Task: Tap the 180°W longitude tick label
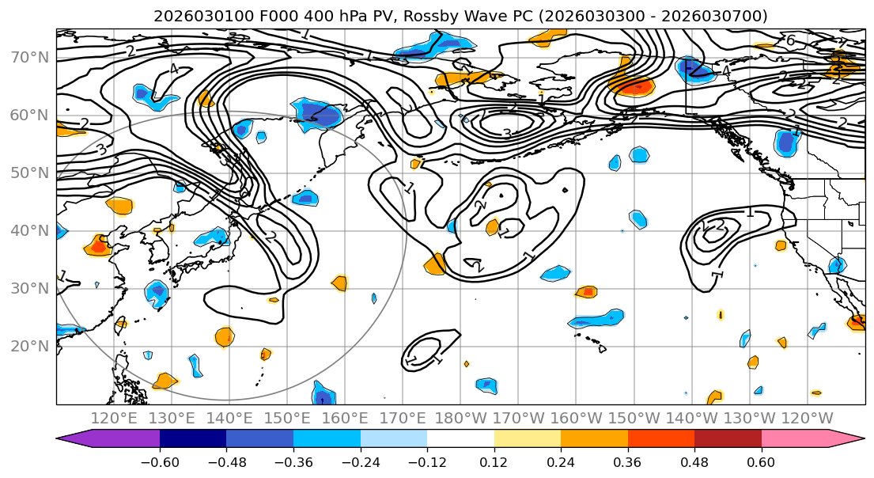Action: (x=460, y=418)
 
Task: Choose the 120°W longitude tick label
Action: (x=807, y=418)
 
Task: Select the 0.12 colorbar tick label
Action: (x=494, y=461)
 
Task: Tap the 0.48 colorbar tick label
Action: (x=694, y=461)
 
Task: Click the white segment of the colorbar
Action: (x=460, y=439)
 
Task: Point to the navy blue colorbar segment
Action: (x=193, y=439)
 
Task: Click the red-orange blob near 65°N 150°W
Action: (x=634, y=86)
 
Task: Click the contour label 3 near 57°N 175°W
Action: (x=507, y=134)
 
